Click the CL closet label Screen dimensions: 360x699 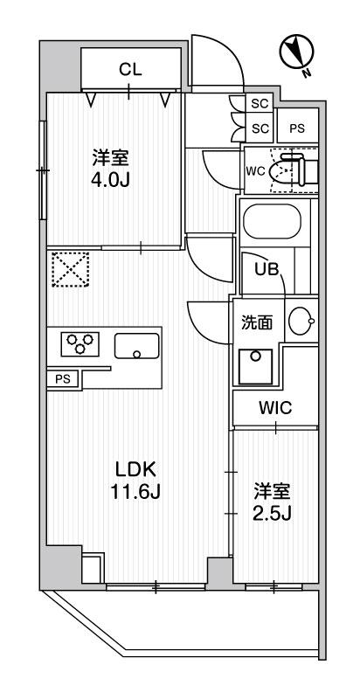(x=130, y=70)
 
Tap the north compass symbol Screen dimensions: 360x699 (x=297, y=53)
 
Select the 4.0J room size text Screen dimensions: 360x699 (x=110, y=181)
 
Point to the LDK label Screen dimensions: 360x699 (x=135, y=469)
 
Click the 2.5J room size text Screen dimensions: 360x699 (x=273, y=514)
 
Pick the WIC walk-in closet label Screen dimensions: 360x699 (x=275, y=407)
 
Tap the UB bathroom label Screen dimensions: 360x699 (x=267, y=269)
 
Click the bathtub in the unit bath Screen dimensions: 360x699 (x=273, y=222)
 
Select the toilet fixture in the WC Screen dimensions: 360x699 (x=294, y=170)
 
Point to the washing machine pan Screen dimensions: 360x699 (x=255, y=366)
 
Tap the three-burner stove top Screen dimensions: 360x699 (x=80, y=343)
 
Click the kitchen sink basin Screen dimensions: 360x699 (x=137, y=346)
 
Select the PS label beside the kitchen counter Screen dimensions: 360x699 (x=63, y=379)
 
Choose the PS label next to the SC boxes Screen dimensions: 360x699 (x=297, y=128)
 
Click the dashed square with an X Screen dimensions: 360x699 (x=71, y=270)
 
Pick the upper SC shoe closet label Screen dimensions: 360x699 (x=260, y=104)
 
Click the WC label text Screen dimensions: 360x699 (x=256, y=170)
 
